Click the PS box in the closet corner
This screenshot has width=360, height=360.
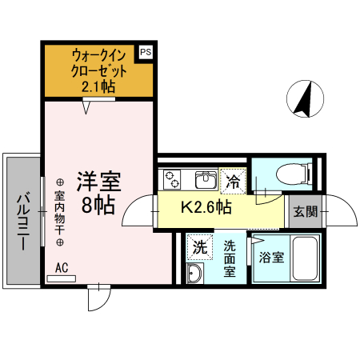(x=145, y=52)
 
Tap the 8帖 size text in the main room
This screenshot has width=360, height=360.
(x=98, y=205)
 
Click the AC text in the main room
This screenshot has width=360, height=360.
(x=62, y=268)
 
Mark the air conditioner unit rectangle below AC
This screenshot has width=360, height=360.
(x=62, y=279)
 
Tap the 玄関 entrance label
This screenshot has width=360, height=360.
(x=303, y=211)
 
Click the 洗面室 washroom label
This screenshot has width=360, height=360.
(x=230, y=258)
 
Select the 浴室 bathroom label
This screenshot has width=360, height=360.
(x=270, y=258)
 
